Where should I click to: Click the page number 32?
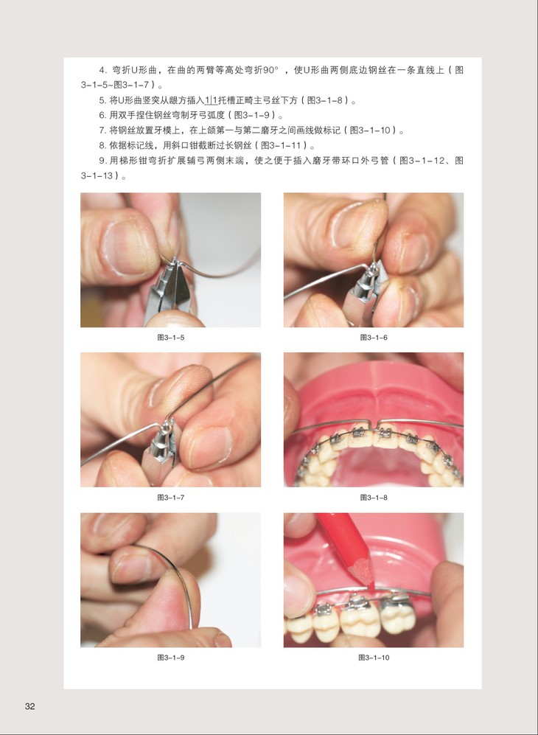[x=30, y=706]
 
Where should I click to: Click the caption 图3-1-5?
[x=170, y=338]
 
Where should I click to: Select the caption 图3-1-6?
[x=374, y=338]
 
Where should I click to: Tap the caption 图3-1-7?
[x=170, y=498]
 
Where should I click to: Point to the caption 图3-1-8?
[x=374, y=498]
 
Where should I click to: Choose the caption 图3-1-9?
[x=170, y=658]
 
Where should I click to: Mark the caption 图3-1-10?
[x=374, y=658]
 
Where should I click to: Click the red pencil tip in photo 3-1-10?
[x=370, y=588]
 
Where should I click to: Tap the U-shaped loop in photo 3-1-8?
[x=374, y=424]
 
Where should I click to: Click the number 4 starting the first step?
[x=102, y=70]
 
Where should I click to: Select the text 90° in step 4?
[x=271, y=70]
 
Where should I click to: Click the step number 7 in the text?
[x=102, y=130]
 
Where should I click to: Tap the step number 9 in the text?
[x=102, y=161]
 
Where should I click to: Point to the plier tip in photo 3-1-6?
[x=372, y=269]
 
